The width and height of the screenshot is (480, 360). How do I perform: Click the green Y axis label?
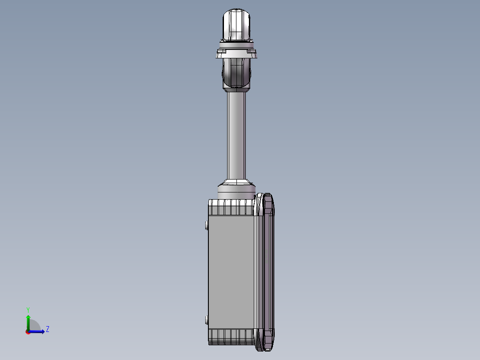coord(28,309)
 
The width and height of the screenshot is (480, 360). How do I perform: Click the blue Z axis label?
coord(47,329)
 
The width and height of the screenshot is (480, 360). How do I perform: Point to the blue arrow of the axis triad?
coord(38,331)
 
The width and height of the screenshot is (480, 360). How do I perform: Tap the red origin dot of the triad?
coord(28,331)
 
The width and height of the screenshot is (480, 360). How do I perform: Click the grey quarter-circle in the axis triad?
coord(34,326)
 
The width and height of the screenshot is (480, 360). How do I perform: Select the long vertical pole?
coord(236,134)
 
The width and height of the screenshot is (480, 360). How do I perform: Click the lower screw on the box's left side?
coord(206,319)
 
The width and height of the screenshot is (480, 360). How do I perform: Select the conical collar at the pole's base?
coord(236,183)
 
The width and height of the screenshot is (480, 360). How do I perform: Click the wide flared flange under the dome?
coord(236,54)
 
